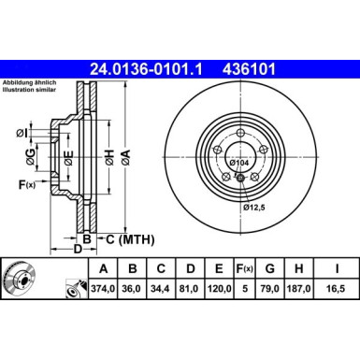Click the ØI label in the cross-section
coord(22,134)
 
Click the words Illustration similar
coord(31,94)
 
